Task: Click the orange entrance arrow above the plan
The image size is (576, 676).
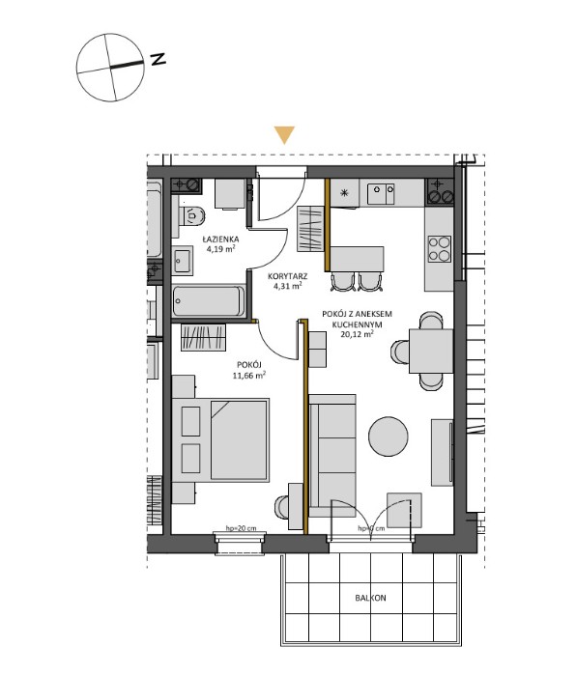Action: click(283, 135)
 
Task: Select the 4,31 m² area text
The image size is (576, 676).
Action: click(285, 286)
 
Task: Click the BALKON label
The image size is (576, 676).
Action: click(370, 599)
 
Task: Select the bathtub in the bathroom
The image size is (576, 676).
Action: click(209, 300)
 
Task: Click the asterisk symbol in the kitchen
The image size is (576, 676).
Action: click(343, 191)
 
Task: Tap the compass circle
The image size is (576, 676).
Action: click(109, 66)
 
